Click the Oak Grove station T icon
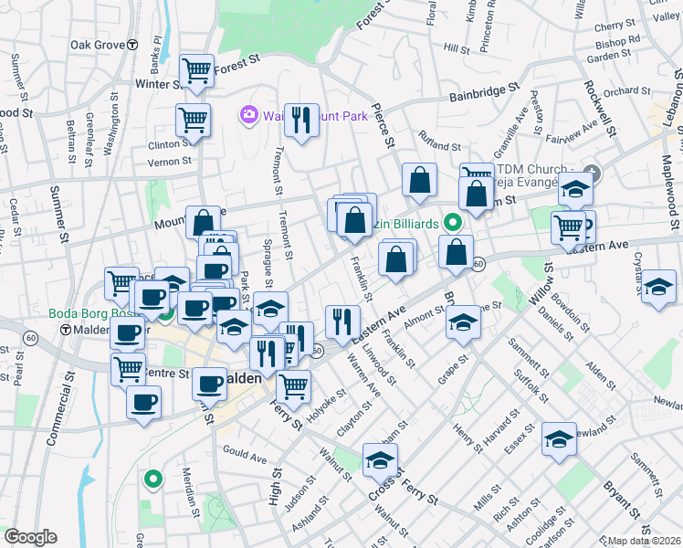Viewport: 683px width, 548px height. tap(132, 44)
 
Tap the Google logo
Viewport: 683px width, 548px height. tap(30, 537)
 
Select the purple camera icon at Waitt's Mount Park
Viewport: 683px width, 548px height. tap(247, 115)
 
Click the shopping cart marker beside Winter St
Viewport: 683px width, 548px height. tap(196, 69)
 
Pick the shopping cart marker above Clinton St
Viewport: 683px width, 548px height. tap(193, 119)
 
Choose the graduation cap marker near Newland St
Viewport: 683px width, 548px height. tap(559, 438)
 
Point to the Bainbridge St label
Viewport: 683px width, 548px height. tap(484, 93)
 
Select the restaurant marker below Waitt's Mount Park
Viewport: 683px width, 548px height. tap(301, 119)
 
